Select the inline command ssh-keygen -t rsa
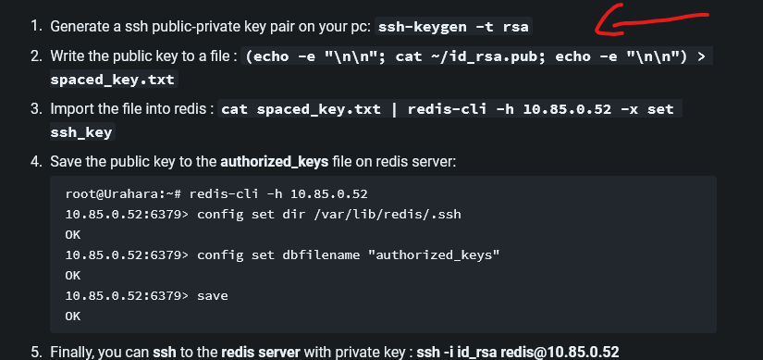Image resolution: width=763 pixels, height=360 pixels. [453, 26]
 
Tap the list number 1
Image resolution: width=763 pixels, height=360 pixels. [37, 26]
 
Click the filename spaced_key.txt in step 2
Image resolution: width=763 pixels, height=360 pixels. [113, 79]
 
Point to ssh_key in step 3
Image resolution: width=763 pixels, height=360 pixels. [81, 132]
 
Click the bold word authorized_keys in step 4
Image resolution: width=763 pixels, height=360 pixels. [275, 162]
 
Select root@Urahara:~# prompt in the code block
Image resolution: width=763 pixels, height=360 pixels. [123, 194]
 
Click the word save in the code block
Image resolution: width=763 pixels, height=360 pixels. [213, 296]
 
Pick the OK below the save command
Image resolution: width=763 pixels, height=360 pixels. [73, 317]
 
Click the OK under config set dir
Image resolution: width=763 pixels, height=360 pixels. [73, 235]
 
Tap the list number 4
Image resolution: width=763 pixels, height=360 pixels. [37, 162]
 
